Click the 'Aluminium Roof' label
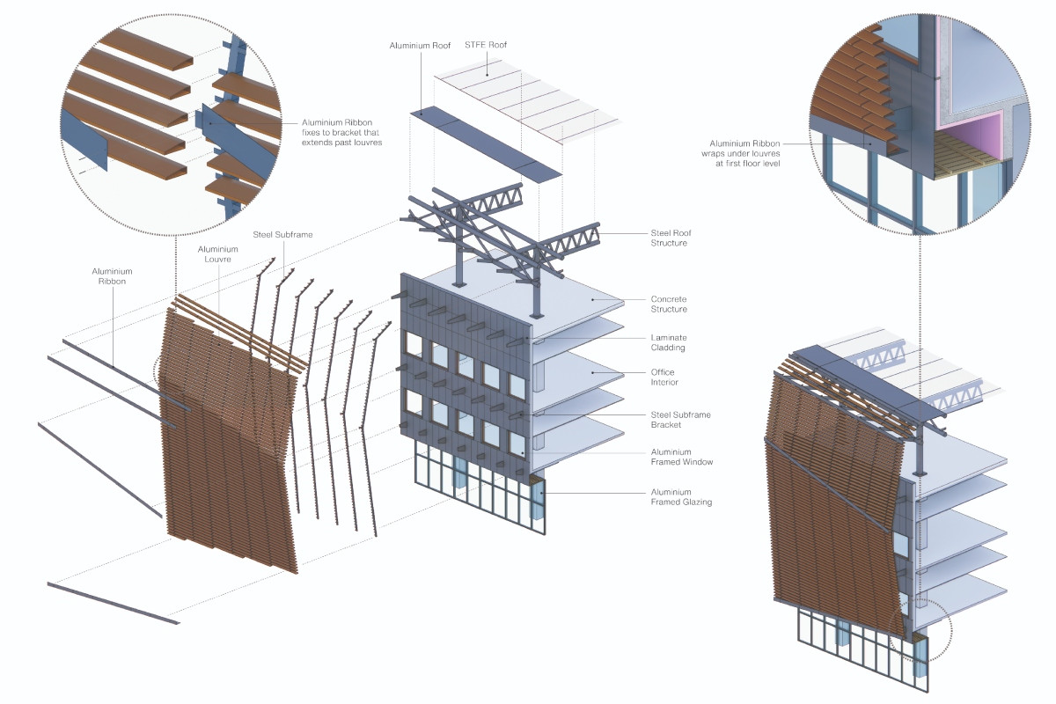coord(420,46)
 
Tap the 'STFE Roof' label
coord(486,45)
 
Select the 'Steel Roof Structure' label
coord(671,238)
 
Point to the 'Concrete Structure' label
coord(669,304)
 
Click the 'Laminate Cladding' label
coord(669,343)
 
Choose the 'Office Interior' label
coord(664,378)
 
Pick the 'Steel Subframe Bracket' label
coord(681,420)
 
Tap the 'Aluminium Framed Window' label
coord(682,457)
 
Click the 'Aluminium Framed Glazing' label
coord(681,497)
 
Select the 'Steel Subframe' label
coord(282,235)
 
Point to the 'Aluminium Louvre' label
coord(218,254)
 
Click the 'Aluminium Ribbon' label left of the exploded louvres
coord(113,276)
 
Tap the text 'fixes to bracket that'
coord(341,133)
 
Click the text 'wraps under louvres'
coord(740,154)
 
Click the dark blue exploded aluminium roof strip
coord(486,143)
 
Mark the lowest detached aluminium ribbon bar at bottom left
coord(114,604)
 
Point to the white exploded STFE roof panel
coord(525,100)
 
